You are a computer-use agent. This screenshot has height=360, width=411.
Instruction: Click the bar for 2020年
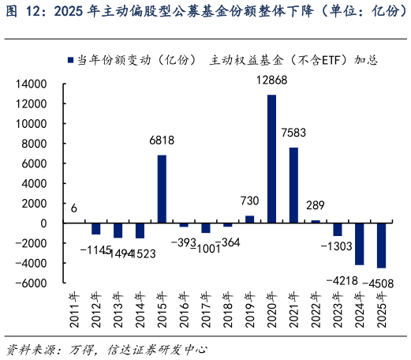coord(271,159)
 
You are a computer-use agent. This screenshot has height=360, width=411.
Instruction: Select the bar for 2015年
coord(162,189)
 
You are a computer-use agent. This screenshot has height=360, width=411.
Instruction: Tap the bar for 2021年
coord(293,185)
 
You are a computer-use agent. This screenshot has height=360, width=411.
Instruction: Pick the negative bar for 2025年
coord(381,246)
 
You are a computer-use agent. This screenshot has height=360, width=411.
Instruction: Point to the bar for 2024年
coord(359,244)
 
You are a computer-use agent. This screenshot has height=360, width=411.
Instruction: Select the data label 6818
coord(162,141)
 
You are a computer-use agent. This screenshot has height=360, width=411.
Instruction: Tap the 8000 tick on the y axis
coord(35,144)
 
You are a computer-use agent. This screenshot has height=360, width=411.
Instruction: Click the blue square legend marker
coord(71,60)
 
